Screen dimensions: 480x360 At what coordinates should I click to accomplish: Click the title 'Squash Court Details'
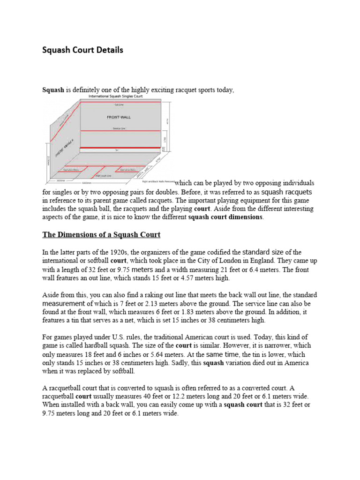click(x=83, y=50)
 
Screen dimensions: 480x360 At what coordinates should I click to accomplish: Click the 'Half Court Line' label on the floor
click(x=104, y=176)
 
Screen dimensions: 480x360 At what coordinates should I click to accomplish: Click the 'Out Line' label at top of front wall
click(x=120, y=105)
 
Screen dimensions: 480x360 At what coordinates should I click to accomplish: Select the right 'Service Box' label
click(x=128, y=170)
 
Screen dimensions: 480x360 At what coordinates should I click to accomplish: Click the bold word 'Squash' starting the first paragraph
click(x=53, y=90)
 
